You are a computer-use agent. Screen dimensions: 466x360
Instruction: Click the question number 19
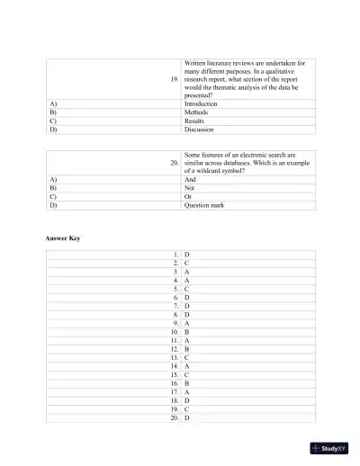(174, 79)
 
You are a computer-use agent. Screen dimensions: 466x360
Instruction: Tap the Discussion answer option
(199, 130)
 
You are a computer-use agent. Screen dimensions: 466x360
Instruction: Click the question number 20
(174, 162)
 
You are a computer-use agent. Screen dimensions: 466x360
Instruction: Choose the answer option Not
(189, 188)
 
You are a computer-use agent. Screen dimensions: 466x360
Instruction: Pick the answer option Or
(188, 196)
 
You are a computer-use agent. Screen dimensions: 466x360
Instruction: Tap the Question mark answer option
(203, 205)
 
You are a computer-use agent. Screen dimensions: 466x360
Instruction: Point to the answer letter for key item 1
(186, 255)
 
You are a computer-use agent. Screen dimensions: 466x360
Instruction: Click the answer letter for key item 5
(186, 289)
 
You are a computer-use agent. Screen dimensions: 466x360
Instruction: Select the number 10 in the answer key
(174, 332)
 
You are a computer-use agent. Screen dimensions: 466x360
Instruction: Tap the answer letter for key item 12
(186, 349)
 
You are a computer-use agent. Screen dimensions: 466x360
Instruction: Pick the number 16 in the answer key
(174, 383)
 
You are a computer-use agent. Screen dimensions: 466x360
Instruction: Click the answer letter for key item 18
(186, 400)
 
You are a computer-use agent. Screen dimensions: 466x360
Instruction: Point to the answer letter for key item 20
(186, 417)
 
